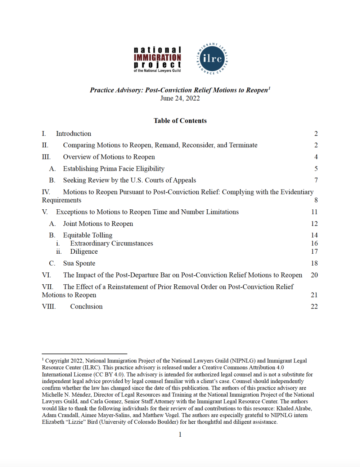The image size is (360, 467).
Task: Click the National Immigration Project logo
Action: pos(157,59)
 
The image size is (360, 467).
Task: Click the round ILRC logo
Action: pos(212,58)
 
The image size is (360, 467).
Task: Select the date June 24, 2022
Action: pos(180,98)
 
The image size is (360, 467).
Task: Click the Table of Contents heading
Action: pos(180,121)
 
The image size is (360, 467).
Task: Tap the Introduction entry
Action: pos(73,134)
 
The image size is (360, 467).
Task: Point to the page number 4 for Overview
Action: pos(316,157)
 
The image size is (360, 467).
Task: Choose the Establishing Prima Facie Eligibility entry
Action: pos(114,169)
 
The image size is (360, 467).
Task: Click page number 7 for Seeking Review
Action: pos(316,180)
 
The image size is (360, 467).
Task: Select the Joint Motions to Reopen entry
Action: pos(98,224)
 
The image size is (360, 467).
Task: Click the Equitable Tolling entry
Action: pos(87,235)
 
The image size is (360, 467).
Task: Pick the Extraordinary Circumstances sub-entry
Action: pos(112,244)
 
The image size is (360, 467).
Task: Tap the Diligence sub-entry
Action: pos(84,252)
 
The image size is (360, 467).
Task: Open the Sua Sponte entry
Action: pos(79,263)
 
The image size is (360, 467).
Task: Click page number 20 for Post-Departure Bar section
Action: pos(314,275)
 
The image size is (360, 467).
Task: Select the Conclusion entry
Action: pos(86,307)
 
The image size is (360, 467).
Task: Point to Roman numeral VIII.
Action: pos(49,307)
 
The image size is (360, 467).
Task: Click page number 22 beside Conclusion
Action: pos(314,307)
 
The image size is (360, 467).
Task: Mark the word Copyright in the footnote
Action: pos(57,361)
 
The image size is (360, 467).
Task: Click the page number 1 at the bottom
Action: pos(180,435)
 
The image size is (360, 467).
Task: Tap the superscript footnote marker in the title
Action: pos(269,88)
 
